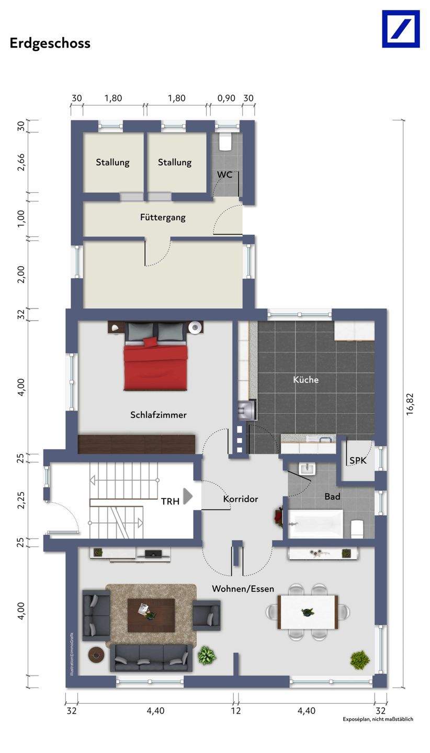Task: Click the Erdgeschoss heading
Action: pos(50,43)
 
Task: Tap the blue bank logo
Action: pos(401,29)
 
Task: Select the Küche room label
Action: pos(305,380)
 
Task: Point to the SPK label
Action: pos(358,461)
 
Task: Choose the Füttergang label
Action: pos(163,218)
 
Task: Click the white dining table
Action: pos(308,612)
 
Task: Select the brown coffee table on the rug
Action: pos(151,615)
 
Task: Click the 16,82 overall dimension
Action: pos(410,404)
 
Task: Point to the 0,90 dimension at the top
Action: pos(227,98)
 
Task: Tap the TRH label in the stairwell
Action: pos(170,501)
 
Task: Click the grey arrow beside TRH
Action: pos(188,496)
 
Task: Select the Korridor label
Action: pos(241,499)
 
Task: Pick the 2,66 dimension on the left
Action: pos(21,162)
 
